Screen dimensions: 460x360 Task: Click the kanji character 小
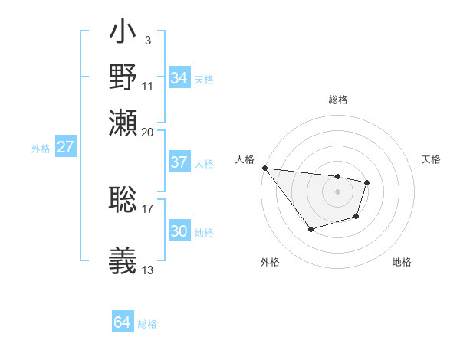coord(123,34)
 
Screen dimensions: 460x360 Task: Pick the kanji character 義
coord(123,260)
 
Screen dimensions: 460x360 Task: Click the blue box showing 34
coord(179,77)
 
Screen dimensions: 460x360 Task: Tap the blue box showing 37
coord(179,162)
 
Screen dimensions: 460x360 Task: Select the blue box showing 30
coord(179,231)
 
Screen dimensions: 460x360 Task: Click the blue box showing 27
coord(65,147)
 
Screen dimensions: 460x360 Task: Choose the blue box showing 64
coord(122,322)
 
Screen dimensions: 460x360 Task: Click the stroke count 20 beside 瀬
coord(148,132)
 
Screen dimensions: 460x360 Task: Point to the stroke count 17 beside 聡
coord(148,208)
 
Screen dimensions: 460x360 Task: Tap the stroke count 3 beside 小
coord(147,39)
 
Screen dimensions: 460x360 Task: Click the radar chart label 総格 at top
coord(337,100)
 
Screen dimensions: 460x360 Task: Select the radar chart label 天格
coord(432,159)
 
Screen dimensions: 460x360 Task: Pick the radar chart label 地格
coord(402,262)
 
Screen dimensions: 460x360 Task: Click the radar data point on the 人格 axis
coord(264,168)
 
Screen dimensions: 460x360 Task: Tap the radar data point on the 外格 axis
coord(310,229)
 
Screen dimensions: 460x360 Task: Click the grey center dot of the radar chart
coord(337,191)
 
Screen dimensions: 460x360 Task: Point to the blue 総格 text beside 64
coord(147,324)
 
